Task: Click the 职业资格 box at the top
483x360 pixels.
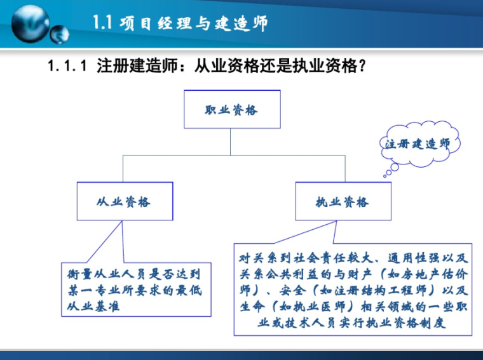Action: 231,109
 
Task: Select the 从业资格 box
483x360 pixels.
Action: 125,202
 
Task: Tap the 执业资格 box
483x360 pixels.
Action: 342,202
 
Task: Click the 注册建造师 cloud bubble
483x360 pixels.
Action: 418,143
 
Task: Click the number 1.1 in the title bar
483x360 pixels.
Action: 102,24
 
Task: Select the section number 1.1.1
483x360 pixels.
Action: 67,66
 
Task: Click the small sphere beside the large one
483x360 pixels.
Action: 60,34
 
